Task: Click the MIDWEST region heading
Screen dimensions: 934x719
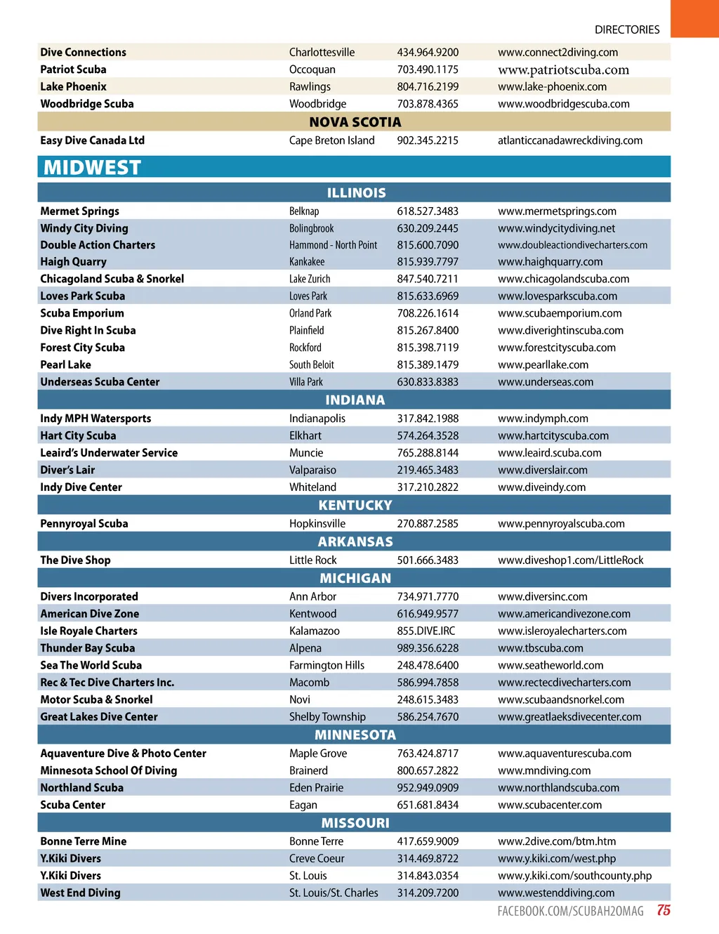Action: tap(92, 168)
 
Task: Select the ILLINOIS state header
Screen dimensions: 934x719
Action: tap(356, 192)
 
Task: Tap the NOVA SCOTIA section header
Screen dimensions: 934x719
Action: tap(355, 122)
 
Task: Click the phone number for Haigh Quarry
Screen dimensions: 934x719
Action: tap(428, 262)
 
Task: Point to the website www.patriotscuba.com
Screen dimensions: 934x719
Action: tap(563, 70)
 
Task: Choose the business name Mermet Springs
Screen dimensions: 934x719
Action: tap(79, 211)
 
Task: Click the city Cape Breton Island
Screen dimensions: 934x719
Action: tap(331, 140)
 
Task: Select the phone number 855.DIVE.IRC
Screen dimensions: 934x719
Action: tap(426, 631)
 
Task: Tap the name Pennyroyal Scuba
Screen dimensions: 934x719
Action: tap(84, 524)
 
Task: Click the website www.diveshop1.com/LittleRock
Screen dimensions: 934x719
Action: tap(570, 560)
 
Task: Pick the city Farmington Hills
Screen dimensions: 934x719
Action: tap(326, 666)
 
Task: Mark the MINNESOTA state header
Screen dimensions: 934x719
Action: tap(355, 735)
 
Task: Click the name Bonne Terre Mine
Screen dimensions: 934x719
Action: tap(83, 841)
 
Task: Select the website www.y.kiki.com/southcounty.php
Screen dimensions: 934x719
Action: tap(574, 876)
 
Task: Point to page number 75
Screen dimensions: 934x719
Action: tap(664, 910)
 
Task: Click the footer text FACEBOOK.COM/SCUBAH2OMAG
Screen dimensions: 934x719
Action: tap(570, 912)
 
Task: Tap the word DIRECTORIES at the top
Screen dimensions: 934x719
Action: tap(627, 29)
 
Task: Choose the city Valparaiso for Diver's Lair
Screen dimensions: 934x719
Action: tap(312, 471)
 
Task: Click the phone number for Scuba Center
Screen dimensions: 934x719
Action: tap(428, 805)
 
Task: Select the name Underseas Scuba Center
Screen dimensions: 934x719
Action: tap(100, 382)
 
